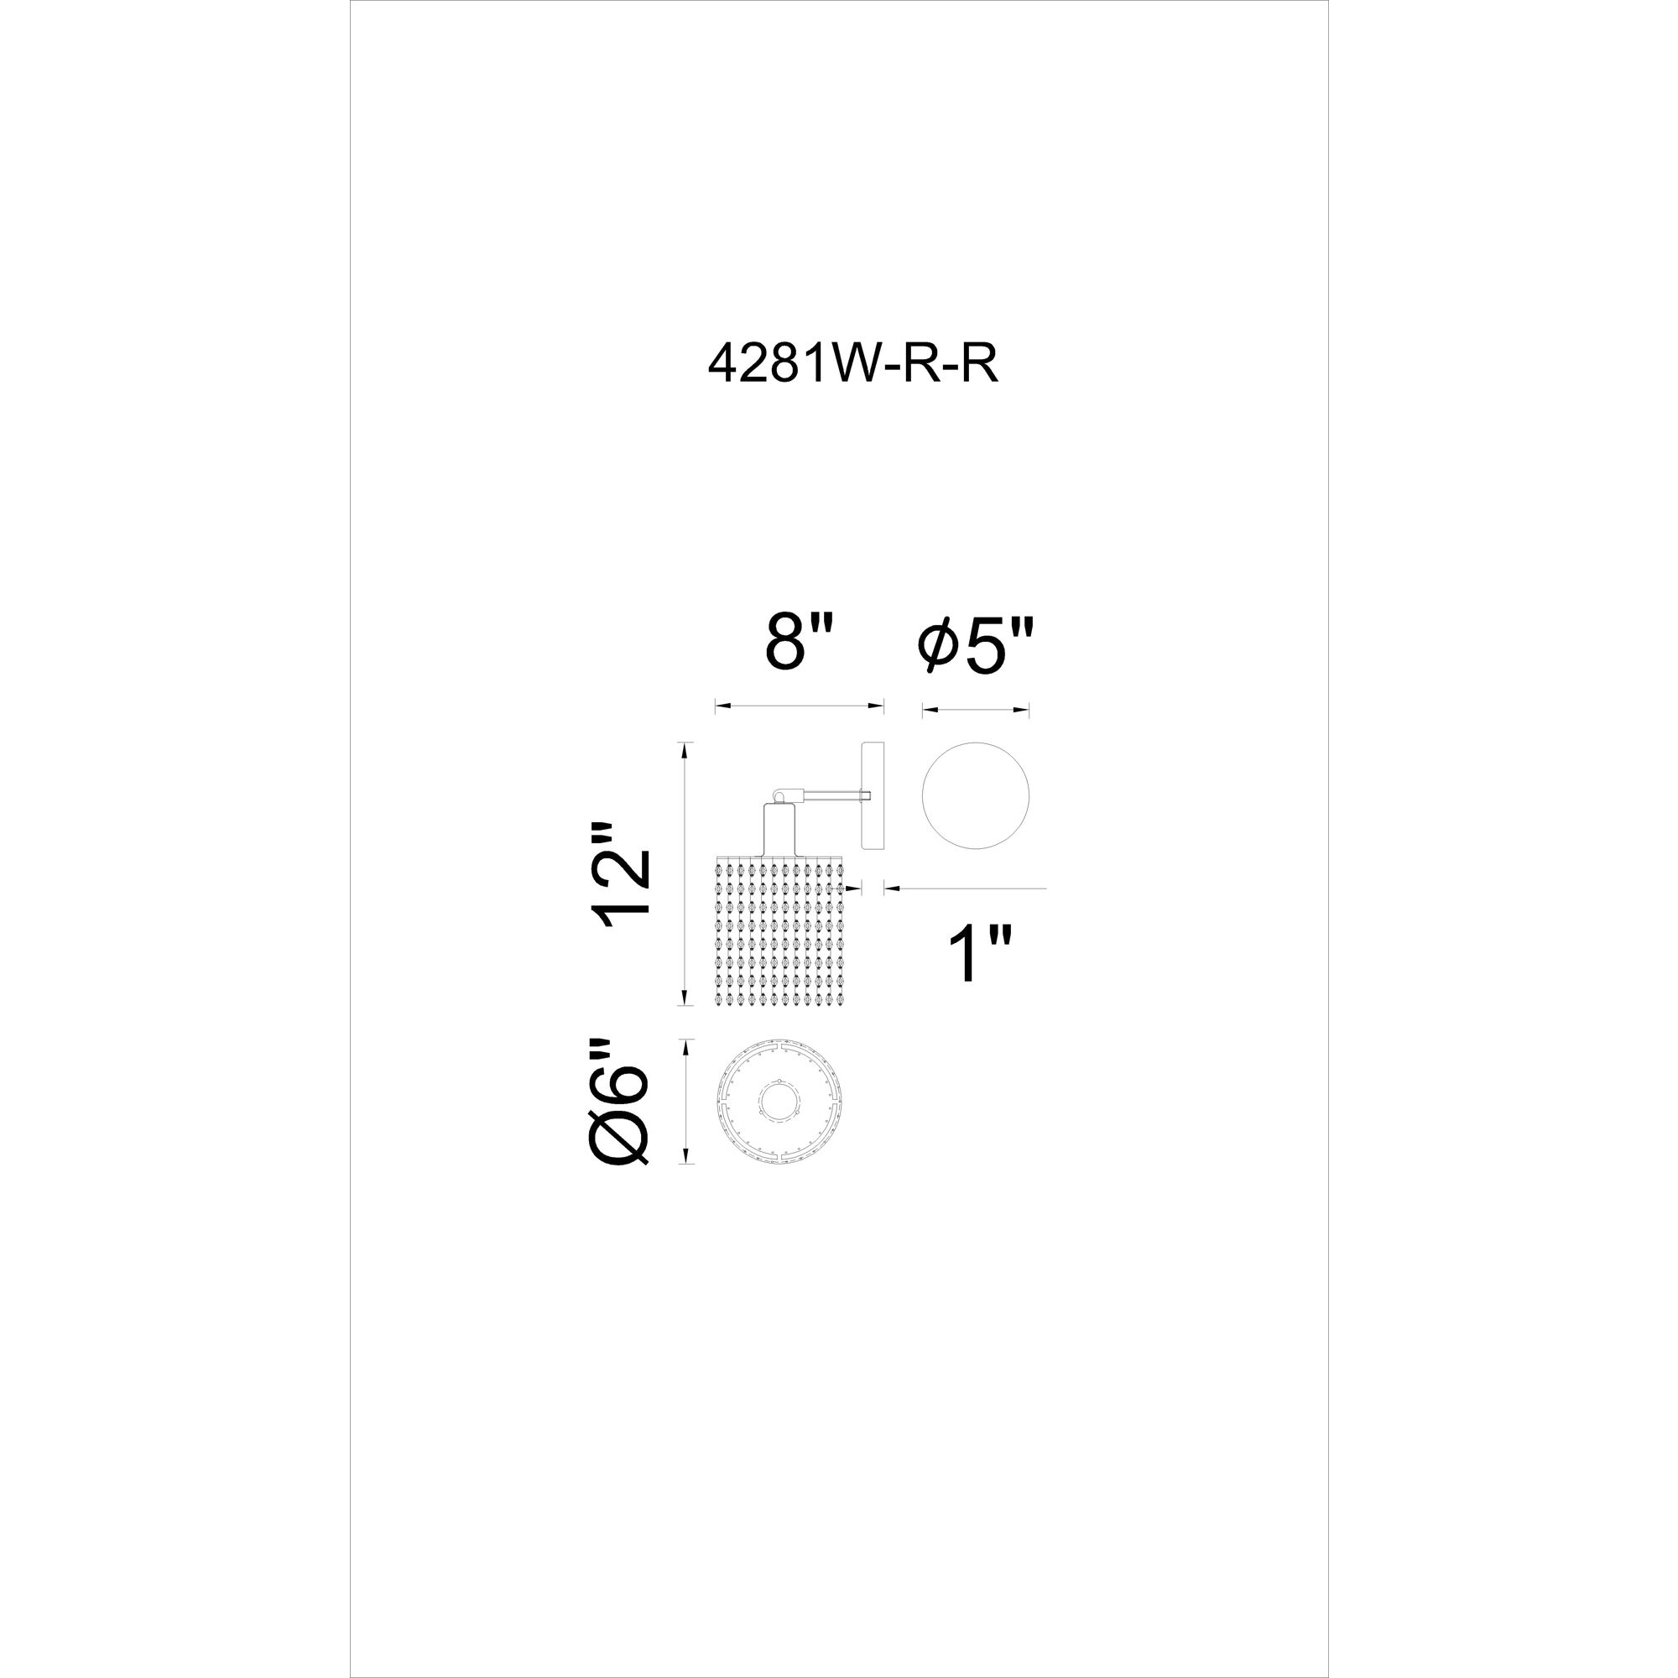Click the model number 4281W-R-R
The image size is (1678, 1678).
click(x=854, y=365)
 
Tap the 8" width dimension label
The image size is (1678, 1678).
click(x=800, y=643)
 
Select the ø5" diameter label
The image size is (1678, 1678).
click(x=977, y=647)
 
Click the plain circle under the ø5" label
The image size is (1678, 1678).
click(x=976, y=795)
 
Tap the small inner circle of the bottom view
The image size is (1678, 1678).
click(x=779, y=1102)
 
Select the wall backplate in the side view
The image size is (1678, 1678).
click(x=872, y=795)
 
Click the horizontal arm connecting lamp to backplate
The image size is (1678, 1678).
click(x=828, y=793)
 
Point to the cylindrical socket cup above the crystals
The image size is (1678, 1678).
click(x=779, y=830)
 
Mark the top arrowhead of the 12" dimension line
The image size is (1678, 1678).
click(x=687, y=749)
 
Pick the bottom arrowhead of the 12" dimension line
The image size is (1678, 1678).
click(x=687, y=998)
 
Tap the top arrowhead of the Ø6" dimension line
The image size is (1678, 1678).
click(x=687, y=1046)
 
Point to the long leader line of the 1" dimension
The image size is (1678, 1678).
click(x=967, y=888)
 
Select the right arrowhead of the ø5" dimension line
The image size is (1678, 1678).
click(x=1022, y=711)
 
